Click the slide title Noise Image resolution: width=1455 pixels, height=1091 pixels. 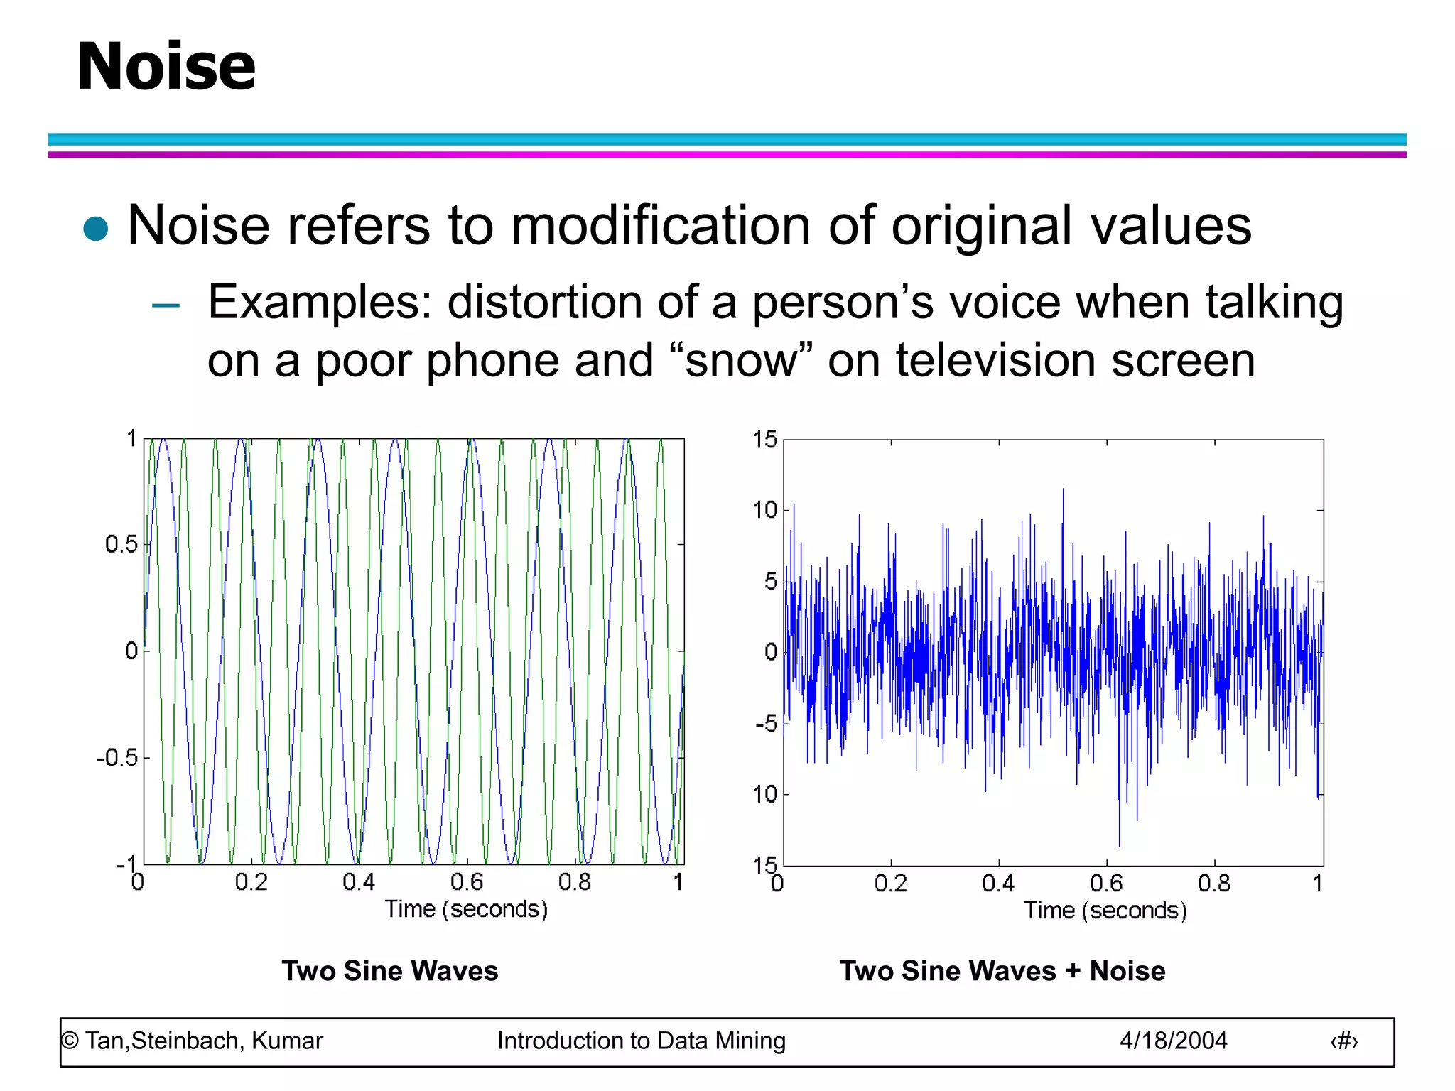166,67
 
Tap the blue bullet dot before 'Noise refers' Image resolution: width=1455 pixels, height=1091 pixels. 95,229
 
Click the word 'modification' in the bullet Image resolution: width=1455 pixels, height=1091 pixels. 661,226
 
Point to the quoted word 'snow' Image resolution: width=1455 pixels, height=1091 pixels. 740,361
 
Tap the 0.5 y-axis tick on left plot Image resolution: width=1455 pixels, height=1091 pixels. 121,545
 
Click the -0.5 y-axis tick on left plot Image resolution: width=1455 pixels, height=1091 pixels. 117,758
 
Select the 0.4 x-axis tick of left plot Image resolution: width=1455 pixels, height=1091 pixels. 359,882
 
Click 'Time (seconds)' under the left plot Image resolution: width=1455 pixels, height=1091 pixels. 466,909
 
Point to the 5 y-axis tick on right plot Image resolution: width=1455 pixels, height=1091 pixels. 770,582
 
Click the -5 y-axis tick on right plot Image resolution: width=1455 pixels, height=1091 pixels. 767,724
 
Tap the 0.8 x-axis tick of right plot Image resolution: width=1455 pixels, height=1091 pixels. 1213,884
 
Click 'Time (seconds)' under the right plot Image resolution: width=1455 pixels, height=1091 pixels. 1105,911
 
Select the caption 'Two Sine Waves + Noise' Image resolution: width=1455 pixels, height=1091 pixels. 1002,971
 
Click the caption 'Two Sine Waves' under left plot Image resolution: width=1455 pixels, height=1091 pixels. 390,971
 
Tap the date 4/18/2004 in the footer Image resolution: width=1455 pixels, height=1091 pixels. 1173,1041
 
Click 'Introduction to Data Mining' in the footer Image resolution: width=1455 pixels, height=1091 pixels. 641,1041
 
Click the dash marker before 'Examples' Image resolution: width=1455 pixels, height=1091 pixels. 166,306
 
